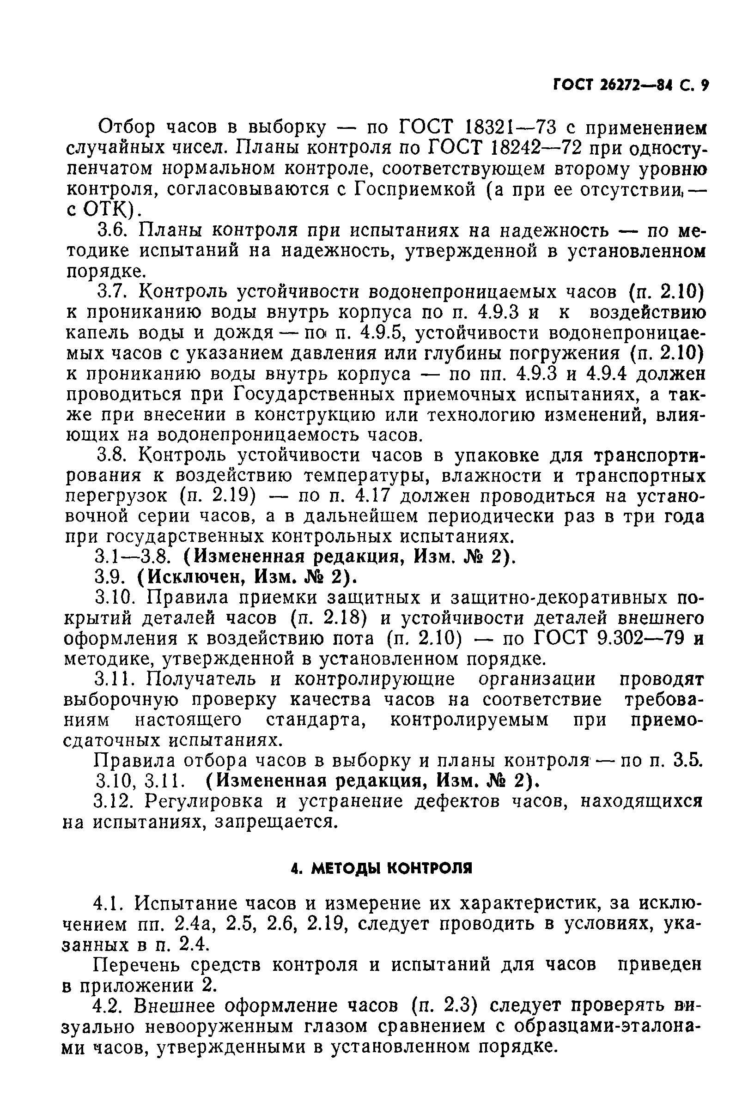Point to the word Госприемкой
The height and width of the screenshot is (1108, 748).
pyautogui.click(x=414, y=190)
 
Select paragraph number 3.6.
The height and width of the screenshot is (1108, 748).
pyautogui.click(x=111, y=231)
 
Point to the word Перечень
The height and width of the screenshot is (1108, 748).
pyautogui.click(x=134, y=965)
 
